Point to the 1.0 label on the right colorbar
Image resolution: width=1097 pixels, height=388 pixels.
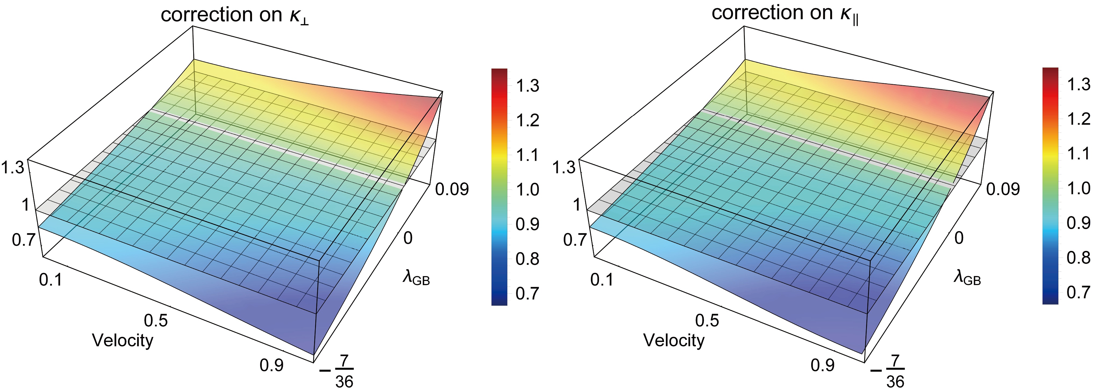point(1078,188)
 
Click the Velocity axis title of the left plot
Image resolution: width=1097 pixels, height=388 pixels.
point(123,340)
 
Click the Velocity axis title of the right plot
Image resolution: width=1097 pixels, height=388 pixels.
point(674,340)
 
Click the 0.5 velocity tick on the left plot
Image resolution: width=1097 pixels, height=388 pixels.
point(156,320)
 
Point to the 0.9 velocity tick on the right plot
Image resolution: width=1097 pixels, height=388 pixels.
point(822,365)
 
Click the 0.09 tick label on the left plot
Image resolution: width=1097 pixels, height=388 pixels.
point(452,189)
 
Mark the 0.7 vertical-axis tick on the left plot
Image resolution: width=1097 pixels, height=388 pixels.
point(23,240)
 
